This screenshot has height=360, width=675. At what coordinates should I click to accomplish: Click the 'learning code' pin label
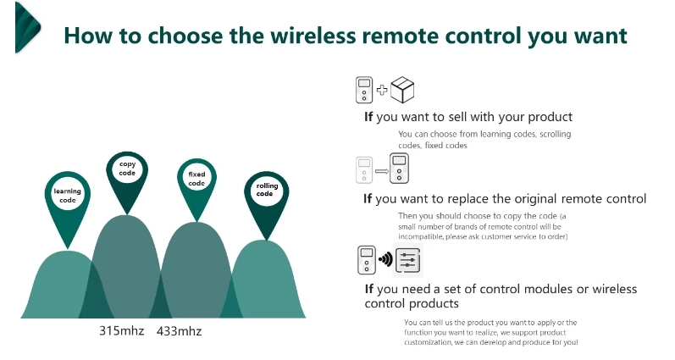click(x=68, y=196)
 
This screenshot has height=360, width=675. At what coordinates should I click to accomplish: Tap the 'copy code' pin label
click(x=127, y=169)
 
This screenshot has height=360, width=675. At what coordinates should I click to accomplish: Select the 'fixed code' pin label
click(x=196, y=179)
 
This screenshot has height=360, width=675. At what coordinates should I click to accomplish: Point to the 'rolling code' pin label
click(x=267, y=190)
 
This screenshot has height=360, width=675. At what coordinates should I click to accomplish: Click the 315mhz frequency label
click(x=122, y=330)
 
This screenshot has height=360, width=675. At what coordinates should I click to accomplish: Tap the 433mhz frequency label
click(x=179, y=331)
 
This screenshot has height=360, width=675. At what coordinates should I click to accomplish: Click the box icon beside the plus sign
click(x=402, y=90)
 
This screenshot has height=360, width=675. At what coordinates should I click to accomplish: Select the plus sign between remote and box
click(x=382, y=90)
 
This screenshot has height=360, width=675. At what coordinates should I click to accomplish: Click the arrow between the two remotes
click(x=382, y=171)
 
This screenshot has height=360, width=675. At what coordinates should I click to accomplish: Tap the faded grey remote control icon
click(x=364, y=170)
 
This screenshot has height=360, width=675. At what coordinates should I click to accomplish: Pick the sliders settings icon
click(x=407, y=260)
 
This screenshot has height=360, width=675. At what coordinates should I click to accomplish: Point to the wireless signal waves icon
click(x=385, y=259)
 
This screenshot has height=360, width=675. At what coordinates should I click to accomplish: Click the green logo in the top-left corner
click(x=28, y=27)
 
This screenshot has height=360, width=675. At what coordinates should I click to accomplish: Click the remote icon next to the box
click(x=364, y=90)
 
